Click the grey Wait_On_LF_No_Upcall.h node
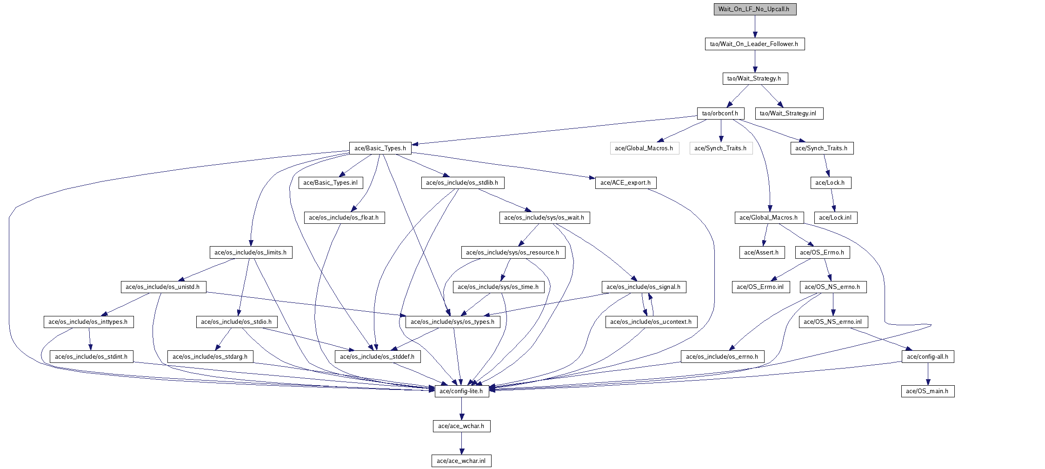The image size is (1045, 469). coord(755,9)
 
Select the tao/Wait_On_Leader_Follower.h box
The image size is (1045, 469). coord(754,44)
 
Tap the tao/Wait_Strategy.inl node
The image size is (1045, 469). coord(789,114)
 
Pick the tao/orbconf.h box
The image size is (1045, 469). coord(720,114)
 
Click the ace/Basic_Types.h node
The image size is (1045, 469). coord(380,148)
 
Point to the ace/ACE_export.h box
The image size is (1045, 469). coord(626,183)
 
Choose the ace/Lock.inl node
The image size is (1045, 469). coord(835,218)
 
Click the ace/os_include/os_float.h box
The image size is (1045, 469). coord(344,218)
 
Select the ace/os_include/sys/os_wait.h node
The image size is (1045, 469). coord(545,218)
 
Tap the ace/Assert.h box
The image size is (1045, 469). coord(761,253)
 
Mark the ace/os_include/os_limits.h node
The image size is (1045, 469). coord(251,253)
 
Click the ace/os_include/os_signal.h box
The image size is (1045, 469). coord(644,287)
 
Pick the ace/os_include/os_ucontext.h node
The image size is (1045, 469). coord(651,322)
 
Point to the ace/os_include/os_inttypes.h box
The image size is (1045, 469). coord(88,322)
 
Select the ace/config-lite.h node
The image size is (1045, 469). coord(461,391)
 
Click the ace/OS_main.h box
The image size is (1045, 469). coord(927,391)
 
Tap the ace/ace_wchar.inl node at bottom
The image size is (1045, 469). coord(461,461)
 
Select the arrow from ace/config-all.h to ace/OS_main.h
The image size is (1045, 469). coord(928,374)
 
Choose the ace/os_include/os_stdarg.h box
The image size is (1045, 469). coord(210,357)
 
